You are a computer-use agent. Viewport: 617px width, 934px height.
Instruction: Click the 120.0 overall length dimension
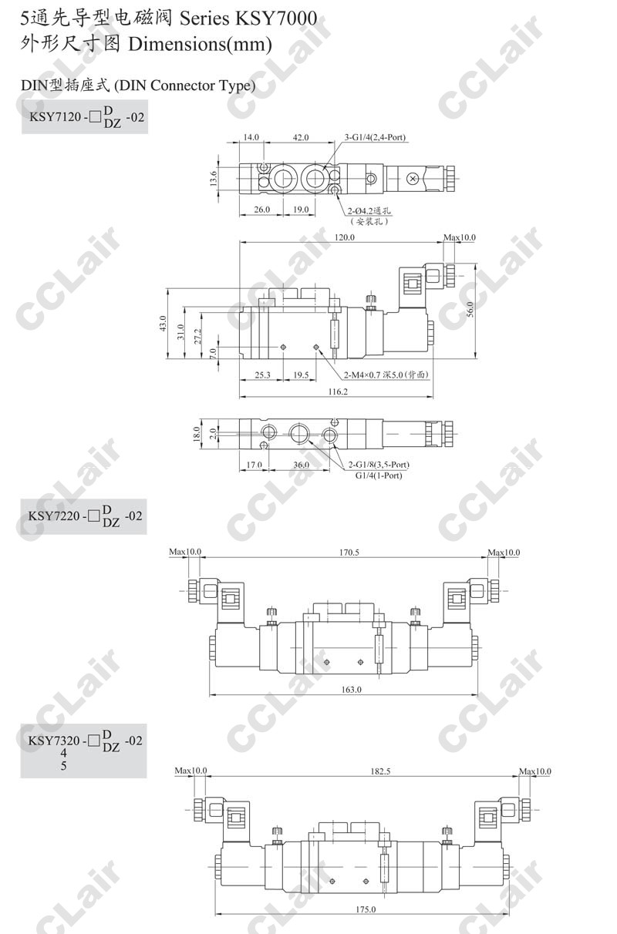[x=345, y=237]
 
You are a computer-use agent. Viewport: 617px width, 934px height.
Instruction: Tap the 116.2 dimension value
[x=338, y=391]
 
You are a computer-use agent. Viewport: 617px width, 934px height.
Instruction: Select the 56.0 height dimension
[x=470, y=310]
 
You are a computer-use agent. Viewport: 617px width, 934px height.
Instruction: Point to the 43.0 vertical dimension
[x=163, y=324]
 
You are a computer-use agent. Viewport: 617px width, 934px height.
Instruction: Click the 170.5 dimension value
[x=349, y=552]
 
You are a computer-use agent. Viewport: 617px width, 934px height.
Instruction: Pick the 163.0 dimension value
[x=351, y=690]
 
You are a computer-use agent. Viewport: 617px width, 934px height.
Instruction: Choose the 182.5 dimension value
[x=380, y=771]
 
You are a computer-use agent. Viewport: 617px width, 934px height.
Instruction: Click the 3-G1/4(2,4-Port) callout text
[x=375, y=137]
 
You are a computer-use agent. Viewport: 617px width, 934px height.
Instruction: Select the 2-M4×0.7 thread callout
[x=386, y=375]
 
